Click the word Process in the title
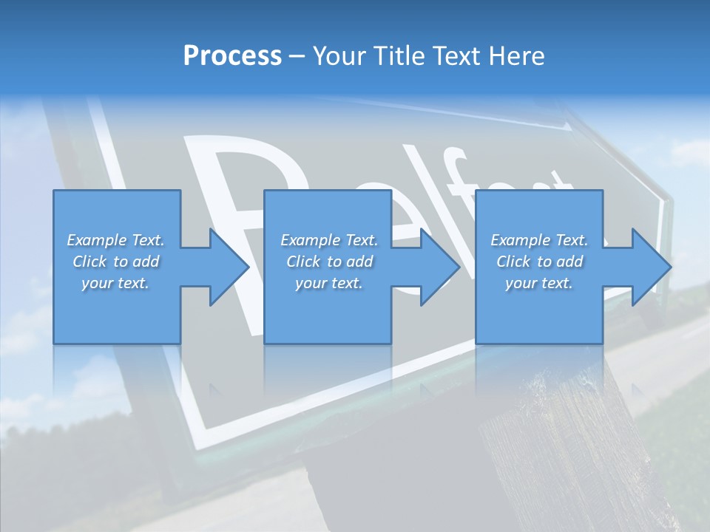pyautogui.click(x=232, y=56)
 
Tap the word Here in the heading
pyautogui.click(x=517, y=56)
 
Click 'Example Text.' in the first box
pyautogui.click(x=115, y=240)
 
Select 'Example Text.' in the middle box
pyautogui.click(x=329, y=240)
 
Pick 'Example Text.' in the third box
pyautogui.click(x=539, y=240)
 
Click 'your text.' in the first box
pyautogui.click(x=115, y=283)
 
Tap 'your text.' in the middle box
pyautogui.click(x=329, y=283)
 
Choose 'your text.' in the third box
pyautogui.click(x=539, y=283)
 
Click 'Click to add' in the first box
pyautogui.click(x=115, y=262)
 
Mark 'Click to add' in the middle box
pyautogui.click(x=329, y=262)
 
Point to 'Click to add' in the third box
pyautogui.click(x=539, y=262)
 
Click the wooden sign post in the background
pyautogui.click(x=562, y=443)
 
